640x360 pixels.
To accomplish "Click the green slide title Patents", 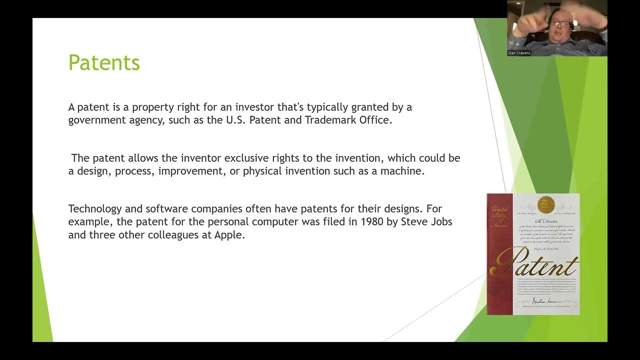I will coord(104,63).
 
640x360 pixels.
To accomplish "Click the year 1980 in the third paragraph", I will coord(373,221).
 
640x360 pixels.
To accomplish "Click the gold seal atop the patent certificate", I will coord(544,203).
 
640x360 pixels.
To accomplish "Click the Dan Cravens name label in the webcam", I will coord(519,53).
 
